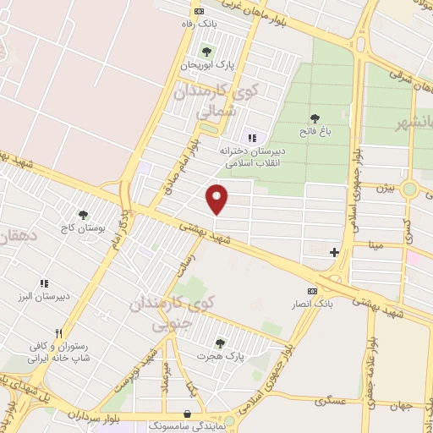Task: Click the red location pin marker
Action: click(x=217, y=199)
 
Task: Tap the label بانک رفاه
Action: click(x=200, y=24)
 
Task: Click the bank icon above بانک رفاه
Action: click(x=199, y=11)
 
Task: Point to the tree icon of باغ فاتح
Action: click(x=315, y=119)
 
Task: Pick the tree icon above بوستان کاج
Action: click(x=83, y=215)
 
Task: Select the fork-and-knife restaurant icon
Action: click(x=58, y=333)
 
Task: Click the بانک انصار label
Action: click(x=313, y=304)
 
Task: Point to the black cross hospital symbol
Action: click(x=334, y=252)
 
